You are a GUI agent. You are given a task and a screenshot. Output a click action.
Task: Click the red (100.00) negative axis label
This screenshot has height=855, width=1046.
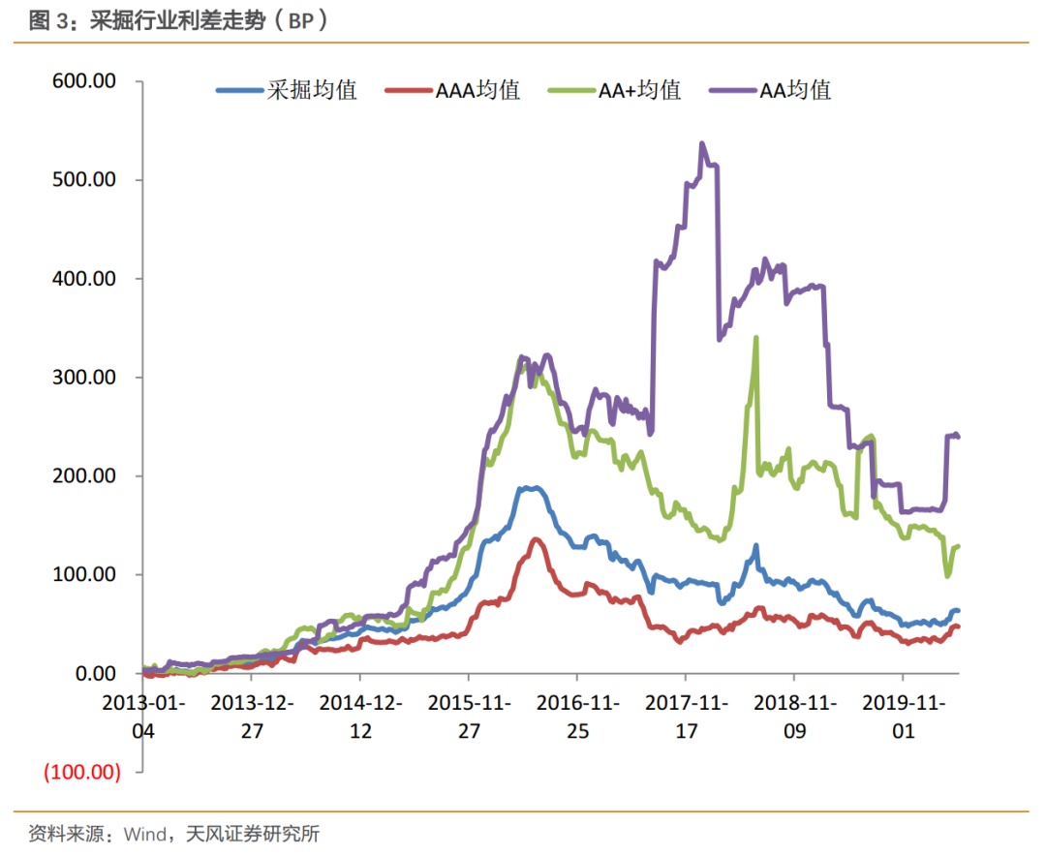[x=80, y=773]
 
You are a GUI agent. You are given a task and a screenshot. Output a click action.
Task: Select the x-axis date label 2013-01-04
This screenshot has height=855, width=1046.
[x=143, y=716]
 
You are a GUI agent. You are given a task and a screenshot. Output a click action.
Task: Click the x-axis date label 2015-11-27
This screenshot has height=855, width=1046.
[x=469, y=716]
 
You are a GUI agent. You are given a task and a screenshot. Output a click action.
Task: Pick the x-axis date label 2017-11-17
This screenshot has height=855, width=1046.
[x=686, y=716]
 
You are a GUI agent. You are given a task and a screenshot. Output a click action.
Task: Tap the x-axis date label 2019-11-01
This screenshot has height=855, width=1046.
[x=903, y=716]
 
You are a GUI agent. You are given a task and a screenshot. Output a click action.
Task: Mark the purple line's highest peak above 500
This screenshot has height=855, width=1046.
[x=702, y=144]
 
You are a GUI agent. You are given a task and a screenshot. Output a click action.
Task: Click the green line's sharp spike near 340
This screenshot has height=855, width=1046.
[x=755, y=338]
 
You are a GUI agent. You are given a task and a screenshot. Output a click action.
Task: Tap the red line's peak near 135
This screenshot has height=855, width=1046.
[x=535, y=539]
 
